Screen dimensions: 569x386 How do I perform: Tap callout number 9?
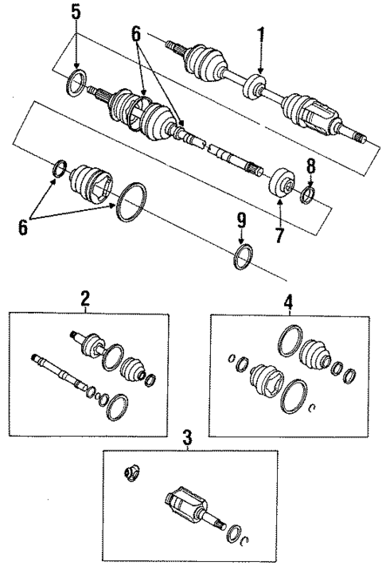point(242,221)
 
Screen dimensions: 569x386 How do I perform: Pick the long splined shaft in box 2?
point(60,372)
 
